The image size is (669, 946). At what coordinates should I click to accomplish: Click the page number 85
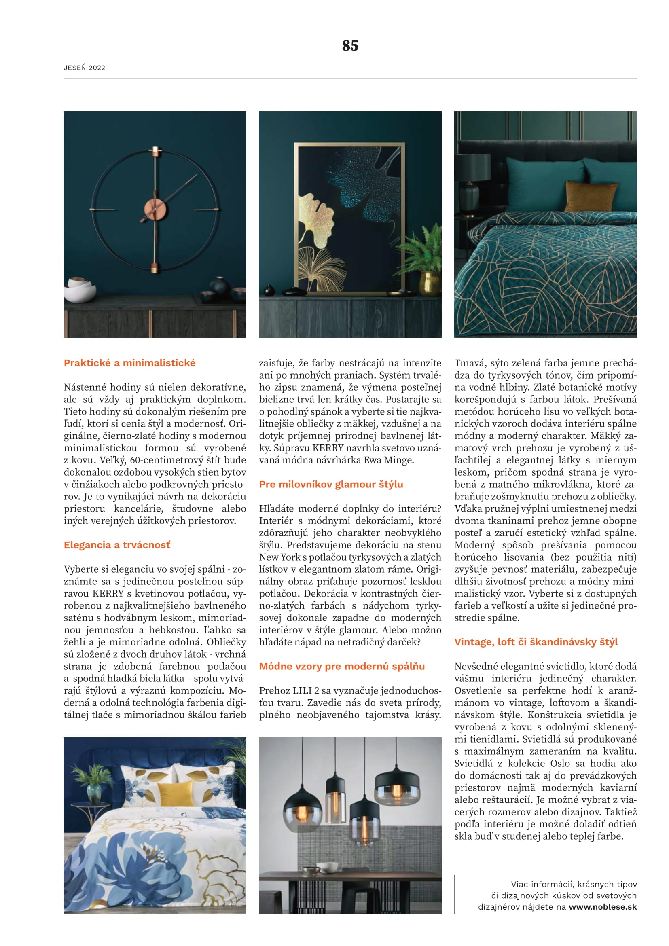(x=350, y=45)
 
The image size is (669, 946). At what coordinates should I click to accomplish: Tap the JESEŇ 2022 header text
(x=85, y=68)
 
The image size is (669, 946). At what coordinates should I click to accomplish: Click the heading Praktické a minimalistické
(x=129, y=363)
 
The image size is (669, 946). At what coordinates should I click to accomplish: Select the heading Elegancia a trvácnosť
(x=117, y=545)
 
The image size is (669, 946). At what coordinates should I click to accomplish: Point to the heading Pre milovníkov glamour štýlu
(x=331, y=484)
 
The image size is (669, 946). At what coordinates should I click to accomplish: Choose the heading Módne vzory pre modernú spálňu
(x=341, y=666)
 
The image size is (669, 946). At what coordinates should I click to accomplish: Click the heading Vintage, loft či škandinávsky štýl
(x=536, y=642)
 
